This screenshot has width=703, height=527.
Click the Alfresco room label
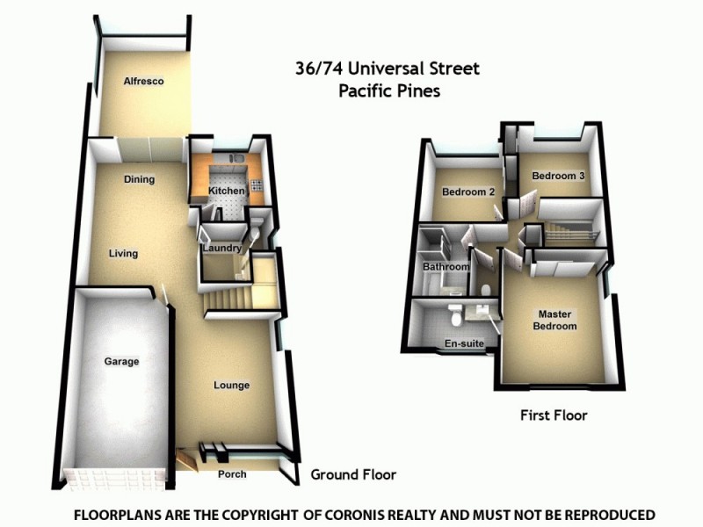pyautogui.click(x=143, y=82)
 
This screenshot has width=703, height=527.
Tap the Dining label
pyautogui.click(x=139, y=180)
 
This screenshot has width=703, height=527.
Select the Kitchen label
pyautogui.click(x=225, y=191)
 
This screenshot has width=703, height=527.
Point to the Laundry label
pyautogui.click(x=221, y=249)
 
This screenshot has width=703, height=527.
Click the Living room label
pyautogui.click(x=123, y=254)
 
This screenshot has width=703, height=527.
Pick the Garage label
pyautogui.click(x=121, y=361)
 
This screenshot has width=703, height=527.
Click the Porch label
pyautogui.click(x=232, y=475)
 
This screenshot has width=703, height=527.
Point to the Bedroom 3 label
pyautogui.click(x=558, y=176)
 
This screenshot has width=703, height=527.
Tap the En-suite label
pyautogui.click(x=465, y=343)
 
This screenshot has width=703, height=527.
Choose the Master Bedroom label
pyautogui.click(x=557, y=321)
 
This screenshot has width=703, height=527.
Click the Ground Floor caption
pyautogui.click(x=353, y=474)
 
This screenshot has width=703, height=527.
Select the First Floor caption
pyautogui.click(x=553, y=415)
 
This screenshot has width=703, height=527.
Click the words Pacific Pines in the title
pyautogui.click(x=389, y=90)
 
